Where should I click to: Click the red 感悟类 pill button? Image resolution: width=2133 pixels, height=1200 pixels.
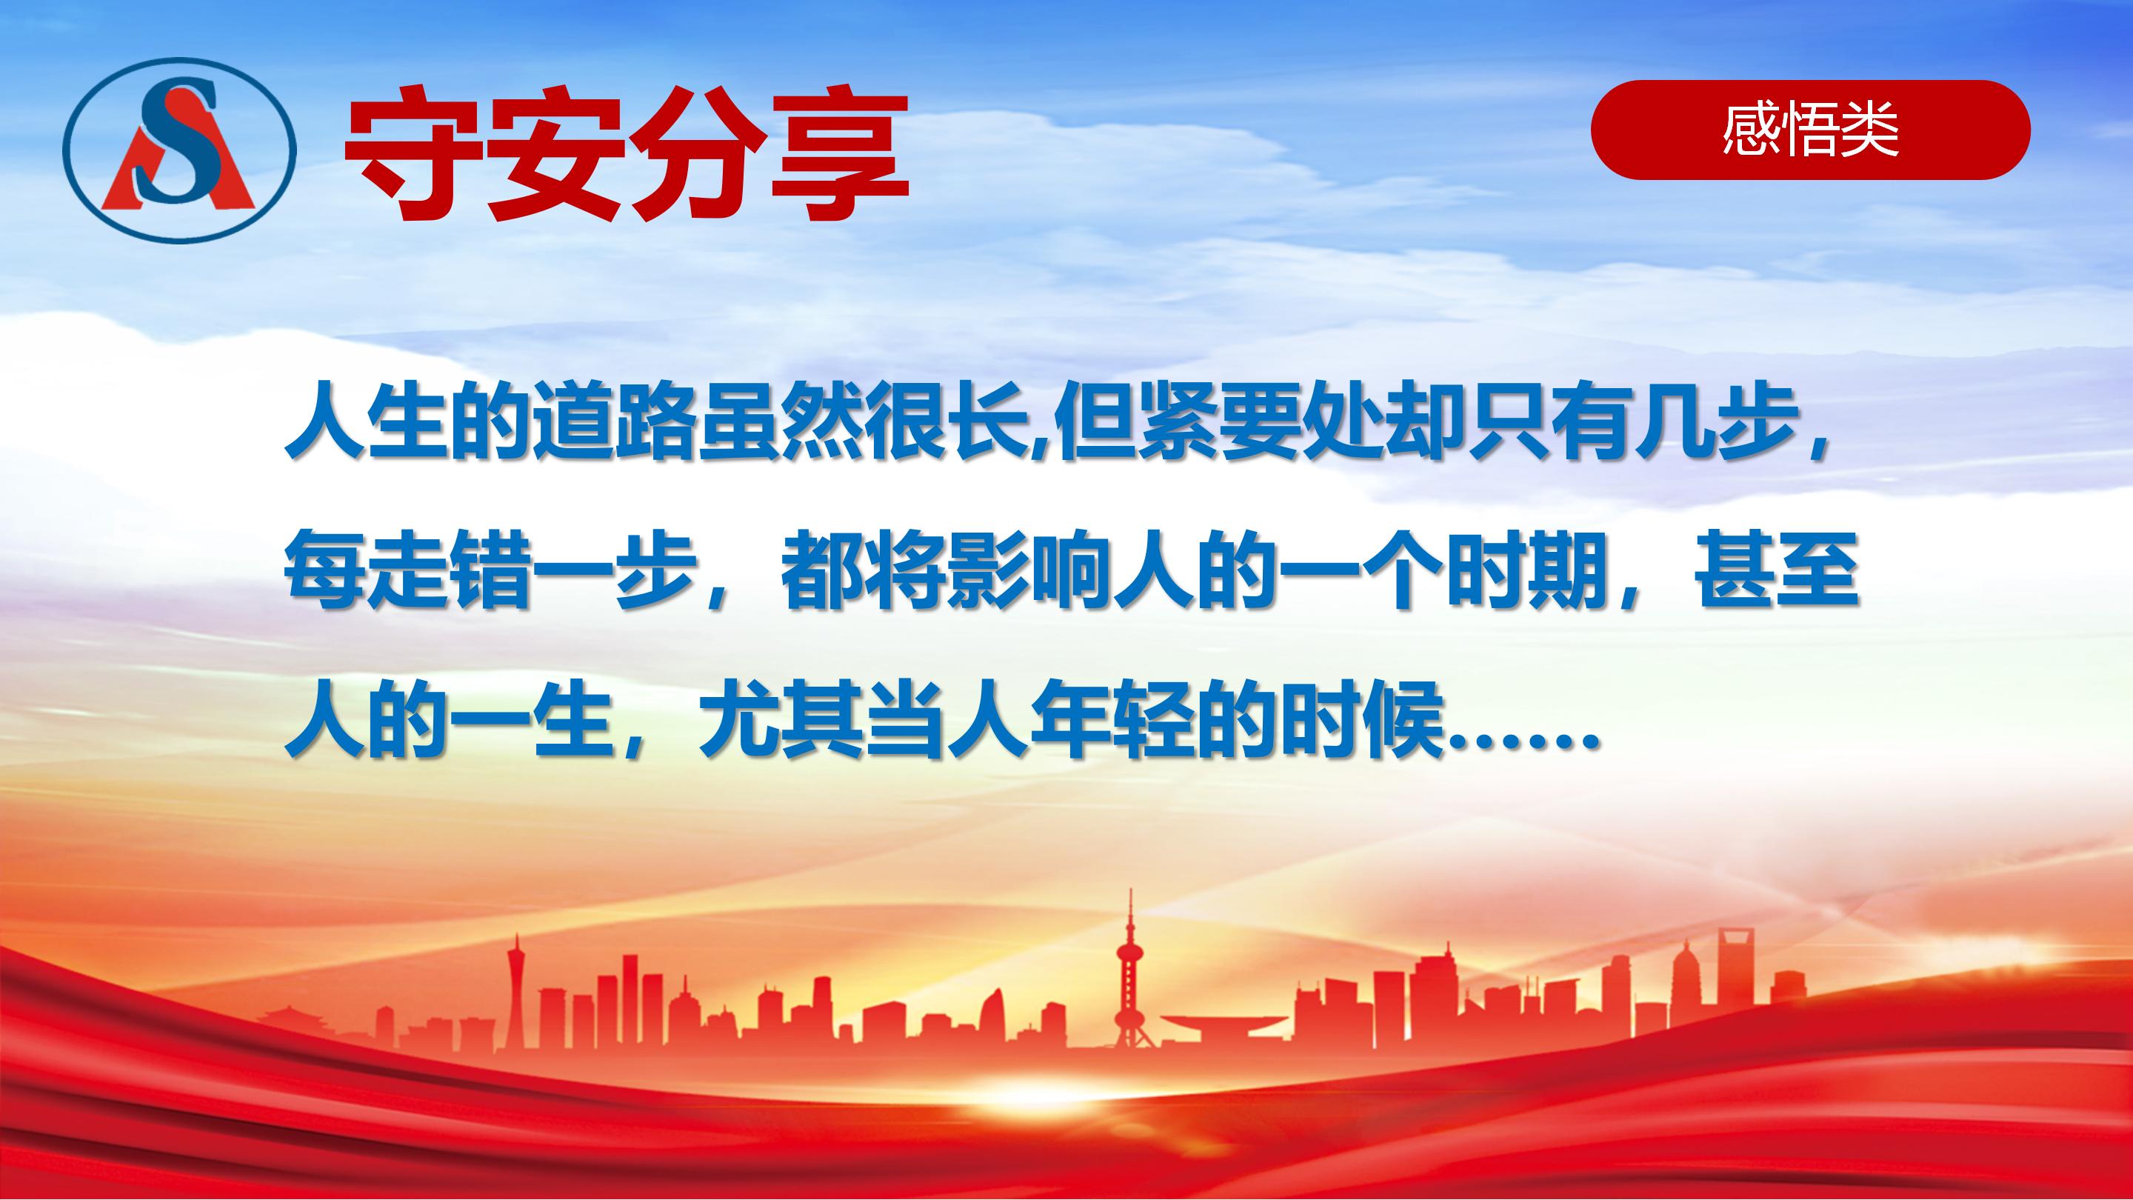[1810, 130]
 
